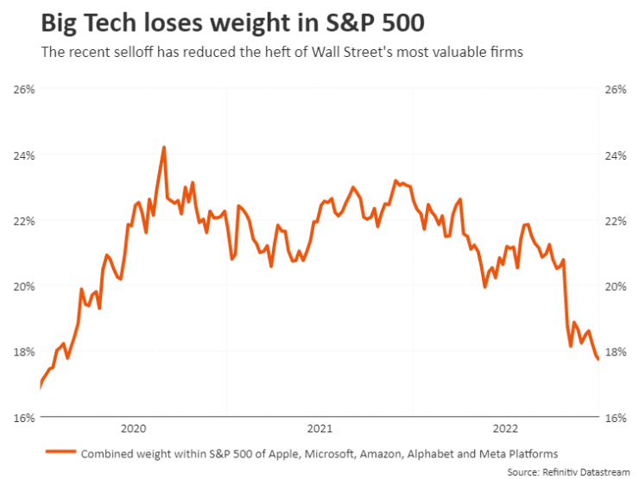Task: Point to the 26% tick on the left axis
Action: tap(23, 90)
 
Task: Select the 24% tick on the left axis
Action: tap(23, 155)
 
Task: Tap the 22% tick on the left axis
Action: tap(23, 221)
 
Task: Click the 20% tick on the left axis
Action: tap(23, 287)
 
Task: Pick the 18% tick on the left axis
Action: tap(23, 352)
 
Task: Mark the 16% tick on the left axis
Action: tap(23, 418)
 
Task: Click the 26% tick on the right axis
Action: tap(616, 90)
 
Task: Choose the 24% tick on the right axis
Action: tap(616, 155)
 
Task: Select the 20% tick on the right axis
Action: tap(616, 287)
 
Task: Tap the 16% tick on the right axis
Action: tap(616, 418)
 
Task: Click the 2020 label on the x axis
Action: tap(133, 428)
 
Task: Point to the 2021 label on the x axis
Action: tap(319, 428)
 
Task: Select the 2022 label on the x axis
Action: tap(506, 428)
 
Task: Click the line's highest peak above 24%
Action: tap(164, 148)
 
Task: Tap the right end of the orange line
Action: tap(598, 360)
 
